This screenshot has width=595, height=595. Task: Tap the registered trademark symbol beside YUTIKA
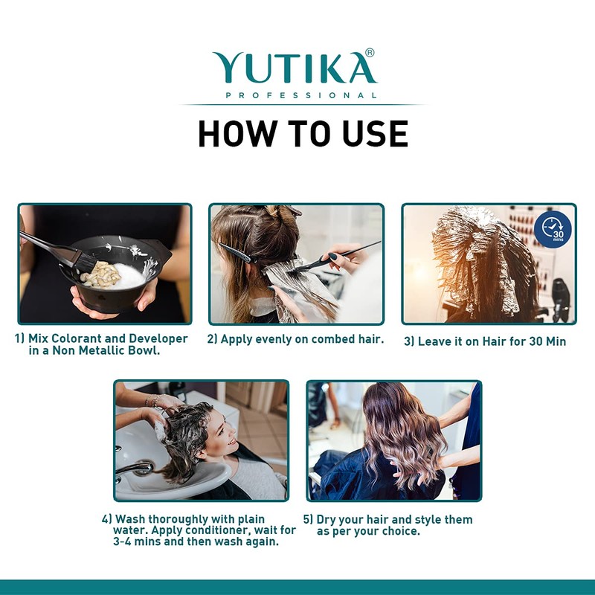[x=370, y=53]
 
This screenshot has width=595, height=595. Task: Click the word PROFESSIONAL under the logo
[x=300, y=95]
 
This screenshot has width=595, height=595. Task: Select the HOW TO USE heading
[x=303, y=133]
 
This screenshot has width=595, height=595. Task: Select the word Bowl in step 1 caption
[x=144, y=351]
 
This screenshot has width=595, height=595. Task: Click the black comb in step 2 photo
[x=238, y=253]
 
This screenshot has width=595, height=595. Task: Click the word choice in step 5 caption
[x=402, y=531]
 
